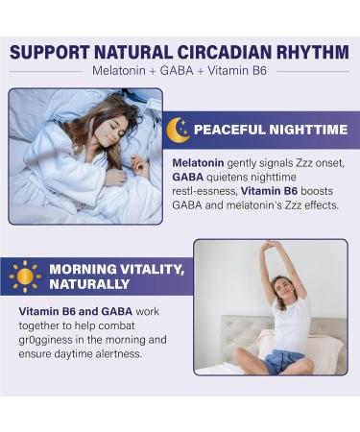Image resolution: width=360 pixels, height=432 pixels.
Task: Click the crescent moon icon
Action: [178, 130]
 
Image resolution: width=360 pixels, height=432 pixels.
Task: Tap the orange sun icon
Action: [25, 276]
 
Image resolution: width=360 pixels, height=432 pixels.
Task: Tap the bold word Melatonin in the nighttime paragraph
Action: [201, 163]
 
